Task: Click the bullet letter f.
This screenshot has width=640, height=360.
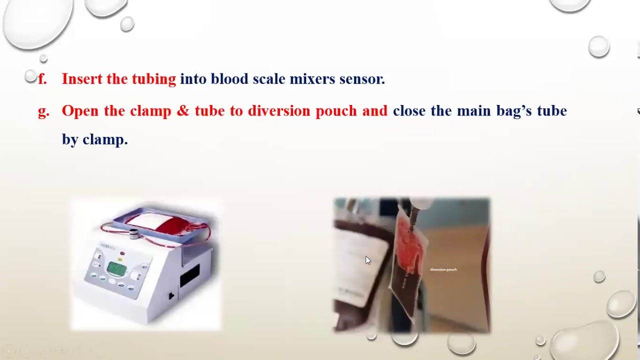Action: tap(42, 79)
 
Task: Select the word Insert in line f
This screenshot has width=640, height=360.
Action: tap(82, 79)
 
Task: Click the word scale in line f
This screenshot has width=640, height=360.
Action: tap(268, 79)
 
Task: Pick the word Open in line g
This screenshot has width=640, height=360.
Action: tap(80, 111)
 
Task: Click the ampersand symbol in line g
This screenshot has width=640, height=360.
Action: tap(181, 111)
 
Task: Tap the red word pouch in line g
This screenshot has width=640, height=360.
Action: tap(336, 111)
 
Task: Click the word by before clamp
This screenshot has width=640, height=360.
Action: tap(70, 139)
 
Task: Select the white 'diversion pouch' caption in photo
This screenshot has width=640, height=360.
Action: tap(443, 269)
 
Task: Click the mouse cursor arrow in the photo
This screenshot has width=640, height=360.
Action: tap(368, 260)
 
